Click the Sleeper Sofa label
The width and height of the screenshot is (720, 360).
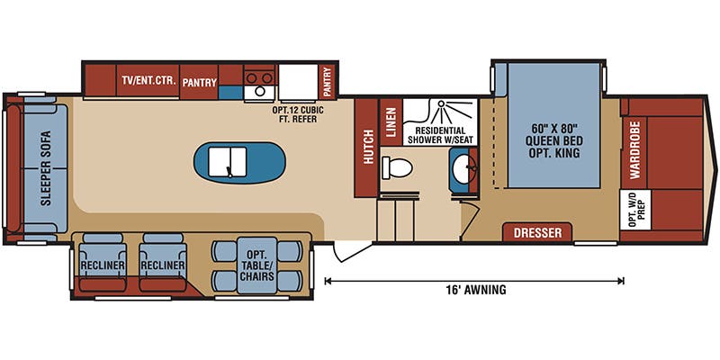(x=45, y=168)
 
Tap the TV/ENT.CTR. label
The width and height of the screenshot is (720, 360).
(x=148, y=81)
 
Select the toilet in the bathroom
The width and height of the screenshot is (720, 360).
(x=397, y=167)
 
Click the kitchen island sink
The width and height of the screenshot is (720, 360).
(x=228, y=162)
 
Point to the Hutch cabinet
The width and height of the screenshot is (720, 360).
(x=366, y=148)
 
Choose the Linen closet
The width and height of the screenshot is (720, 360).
(x=391, y=122)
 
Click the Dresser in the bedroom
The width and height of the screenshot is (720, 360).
(x=537, y=232)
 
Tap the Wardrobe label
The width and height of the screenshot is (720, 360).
(x=634, y=150)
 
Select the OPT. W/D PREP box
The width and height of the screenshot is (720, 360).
(x=635, y=210)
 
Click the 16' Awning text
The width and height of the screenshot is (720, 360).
(x=476, y=289)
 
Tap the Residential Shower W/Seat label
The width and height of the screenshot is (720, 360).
(x=440, y=135)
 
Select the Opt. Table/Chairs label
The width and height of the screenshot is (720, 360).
(x=257, y=265)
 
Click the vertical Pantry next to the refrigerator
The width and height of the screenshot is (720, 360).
(x=328, y=82)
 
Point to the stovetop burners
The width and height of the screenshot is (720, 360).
(x=259, y=76)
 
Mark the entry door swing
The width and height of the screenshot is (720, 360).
(x=350, y=251)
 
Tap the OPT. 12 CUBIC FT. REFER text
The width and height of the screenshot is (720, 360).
(x=299, y=114)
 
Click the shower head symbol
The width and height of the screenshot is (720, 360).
(x=441, y=105)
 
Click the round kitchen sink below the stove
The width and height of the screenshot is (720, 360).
(x=259, y=92)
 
